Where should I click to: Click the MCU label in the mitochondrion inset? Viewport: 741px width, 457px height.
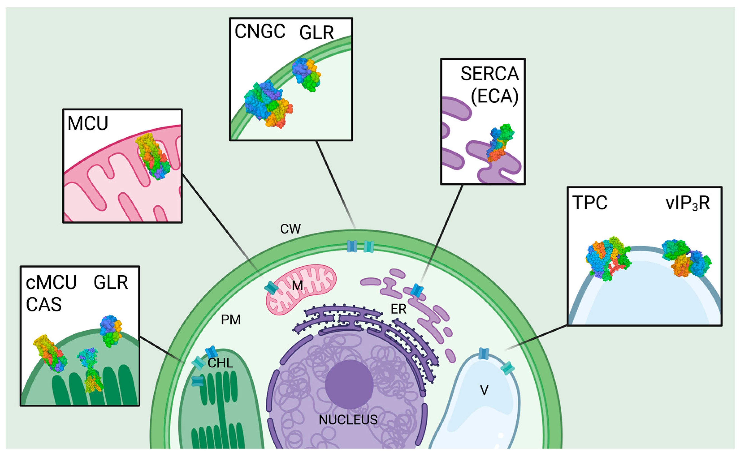coord(88,124)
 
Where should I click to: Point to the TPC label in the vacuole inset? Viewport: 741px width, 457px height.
coord(590,203)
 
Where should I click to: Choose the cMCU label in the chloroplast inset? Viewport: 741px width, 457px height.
coord(51,283)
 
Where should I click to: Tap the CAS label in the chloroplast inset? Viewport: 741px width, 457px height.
coord(44,305)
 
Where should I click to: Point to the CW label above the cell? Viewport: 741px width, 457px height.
coord(290,229)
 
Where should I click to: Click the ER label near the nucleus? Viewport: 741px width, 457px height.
coord(398,309)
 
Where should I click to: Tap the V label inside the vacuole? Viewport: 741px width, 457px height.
coord(484,390)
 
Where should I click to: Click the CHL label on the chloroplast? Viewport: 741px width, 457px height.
coord(220,363)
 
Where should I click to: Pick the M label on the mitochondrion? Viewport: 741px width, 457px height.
coord(297,286)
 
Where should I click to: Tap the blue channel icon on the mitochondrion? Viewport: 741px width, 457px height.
coord(271,288)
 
